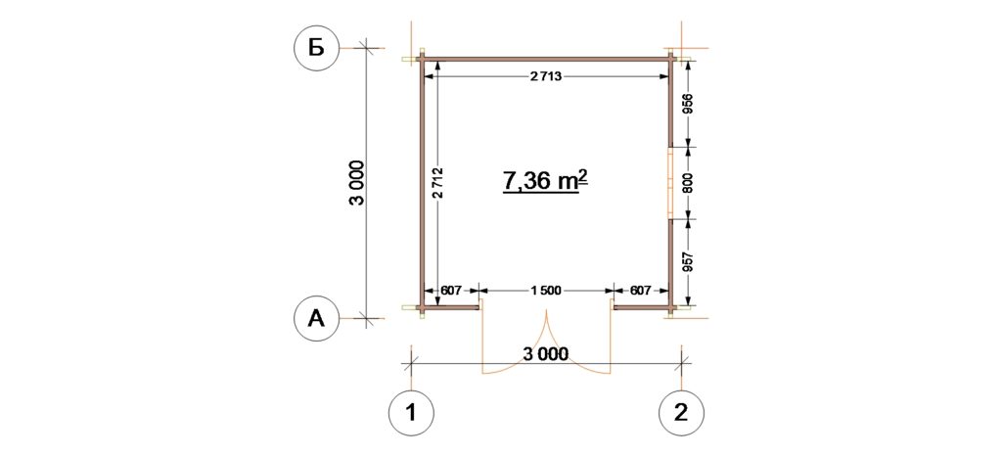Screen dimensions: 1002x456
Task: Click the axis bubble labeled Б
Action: pyautogui.click(x=316, y=48)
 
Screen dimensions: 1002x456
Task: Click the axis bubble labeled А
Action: pyautogui.click(x=316, y=318)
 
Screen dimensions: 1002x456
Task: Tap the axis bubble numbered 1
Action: pyautogui.click(x=411, y=413)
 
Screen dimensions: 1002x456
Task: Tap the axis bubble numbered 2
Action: pyautogui.click(x=682, y=413)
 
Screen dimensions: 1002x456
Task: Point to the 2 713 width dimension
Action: pyautogui.click(x=546, y=76)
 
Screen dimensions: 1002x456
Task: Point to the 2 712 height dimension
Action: pyautogui.click(x=437, y=184)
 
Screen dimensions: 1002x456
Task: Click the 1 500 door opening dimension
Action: pyautogui.click(x=545, y=291)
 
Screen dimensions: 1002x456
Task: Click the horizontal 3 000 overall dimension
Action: pyautogui.click(x=545, y=354)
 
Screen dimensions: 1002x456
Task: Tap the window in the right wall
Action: pyautogui.click(x=670, y=183)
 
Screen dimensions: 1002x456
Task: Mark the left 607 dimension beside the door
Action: pyautogui.click(x=451, y=291)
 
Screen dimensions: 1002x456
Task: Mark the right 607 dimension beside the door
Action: pyautogui.click(x=640, y=291)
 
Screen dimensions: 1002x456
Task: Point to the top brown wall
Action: pyautogui.click(x=547, y=60)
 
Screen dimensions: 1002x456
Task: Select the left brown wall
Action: pyautogui.click(x=423, y=184)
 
